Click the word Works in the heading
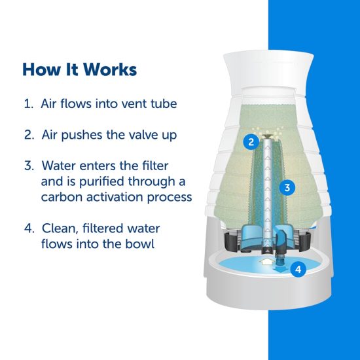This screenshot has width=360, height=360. click(x=110, y=69)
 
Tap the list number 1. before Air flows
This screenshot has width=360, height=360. click(x=29, y=104)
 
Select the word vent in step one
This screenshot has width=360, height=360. click(x=133, y=104)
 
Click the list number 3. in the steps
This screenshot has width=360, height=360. click(x=29, y=166)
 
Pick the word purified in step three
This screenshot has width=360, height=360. click(x=102, y=181)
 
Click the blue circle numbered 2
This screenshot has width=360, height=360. click(x=251, y=142)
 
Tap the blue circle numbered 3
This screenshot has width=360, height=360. click(x=287, y=188)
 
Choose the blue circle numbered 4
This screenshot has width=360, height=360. click(x=298, y=269)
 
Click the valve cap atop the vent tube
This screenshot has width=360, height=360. click(x=267, y=137)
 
